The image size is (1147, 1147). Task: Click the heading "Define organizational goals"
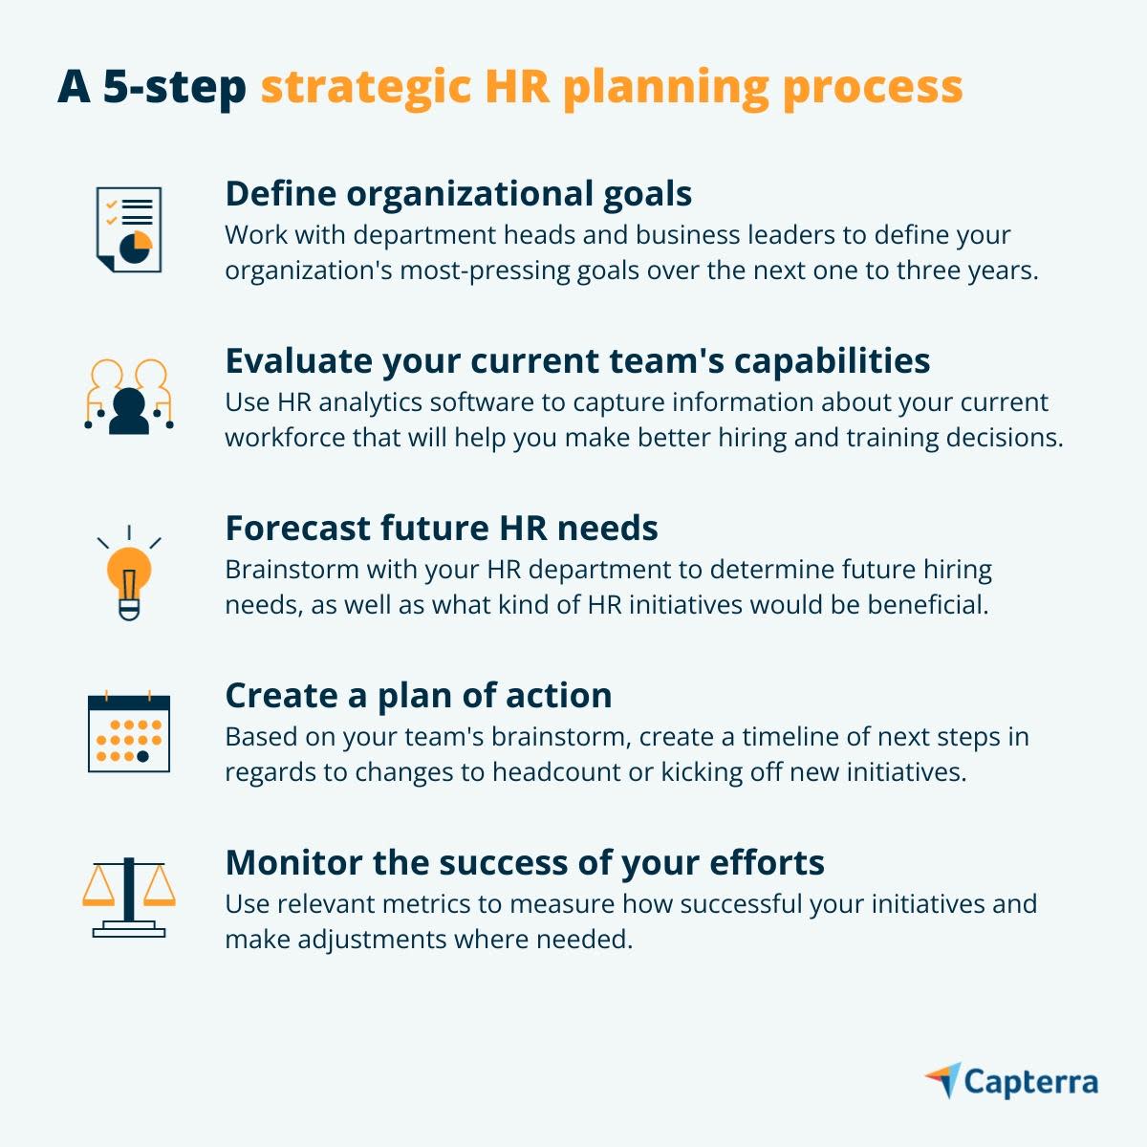click(x=458, y=194)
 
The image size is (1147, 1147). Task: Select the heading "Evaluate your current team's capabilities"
click(x=577, y=361)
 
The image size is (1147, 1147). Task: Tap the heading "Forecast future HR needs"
click(x=441, y=529)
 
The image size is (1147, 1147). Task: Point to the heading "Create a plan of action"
click(x=418, y=696)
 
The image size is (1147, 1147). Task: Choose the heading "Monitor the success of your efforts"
click(x=524, y=863)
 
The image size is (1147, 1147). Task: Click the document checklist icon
click(x=129, y=229)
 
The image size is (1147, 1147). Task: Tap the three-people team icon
click(x=129, y=397)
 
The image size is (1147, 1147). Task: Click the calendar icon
click(x=129, y=732)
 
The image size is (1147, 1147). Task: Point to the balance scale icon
click(x=129, y=898)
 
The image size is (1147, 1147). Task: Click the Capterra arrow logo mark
click(x=943, y=1080)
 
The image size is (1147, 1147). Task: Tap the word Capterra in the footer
click(x=1030, y=1082)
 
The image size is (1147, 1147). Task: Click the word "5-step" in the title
click(x=174, y=88)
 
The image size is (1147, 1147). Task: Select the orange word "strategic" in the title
click(x=366, y=88)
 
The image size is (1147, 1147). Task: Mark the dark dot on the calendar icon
click(x=143, y=756)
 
